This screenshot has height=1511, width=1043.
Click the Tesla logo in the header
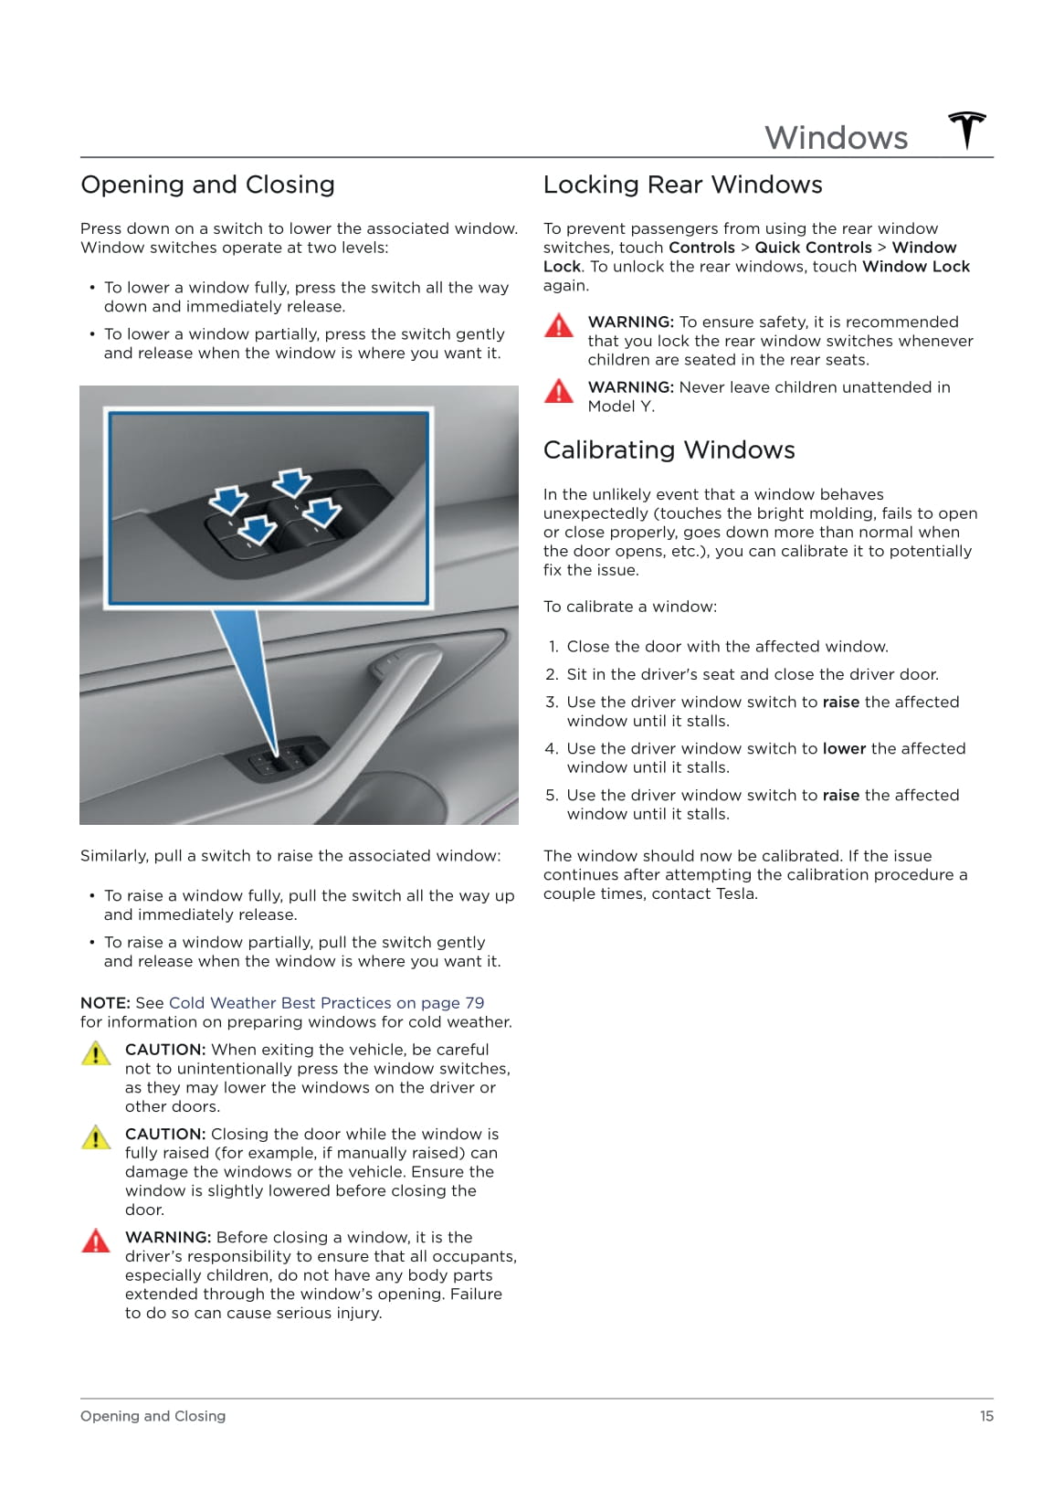966,131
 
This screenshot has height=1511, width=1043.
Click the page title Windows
836,138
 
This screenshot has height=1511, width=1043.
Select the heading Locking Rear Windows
682,185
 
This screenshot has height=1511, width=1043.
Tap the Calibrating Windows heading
669,449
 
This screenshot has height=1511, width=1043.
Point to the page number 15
986,1416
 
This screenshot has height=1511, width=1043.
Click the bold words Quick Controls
813,248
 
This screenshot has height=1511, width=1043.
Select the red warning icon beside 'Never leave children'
558,391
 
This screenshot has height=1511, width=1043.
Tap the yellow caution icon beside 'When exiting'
96,1053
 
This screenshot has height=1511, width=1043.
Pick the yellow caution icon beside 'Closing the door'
96,1137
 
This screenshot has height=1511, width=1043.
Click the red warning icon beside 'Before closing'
96,1241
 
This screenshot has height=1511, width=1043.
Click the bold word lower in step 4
844,748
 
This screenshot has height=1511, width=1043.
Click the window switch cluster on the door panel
286,757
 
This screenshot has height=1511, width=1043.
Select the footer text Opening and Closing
153,1416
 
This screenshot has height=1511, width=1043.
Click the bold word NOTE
103,1003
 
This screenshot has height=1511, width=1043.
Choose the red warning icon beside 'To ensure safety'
558,325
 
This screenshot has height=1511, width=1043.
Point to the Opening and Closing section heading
207,185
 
